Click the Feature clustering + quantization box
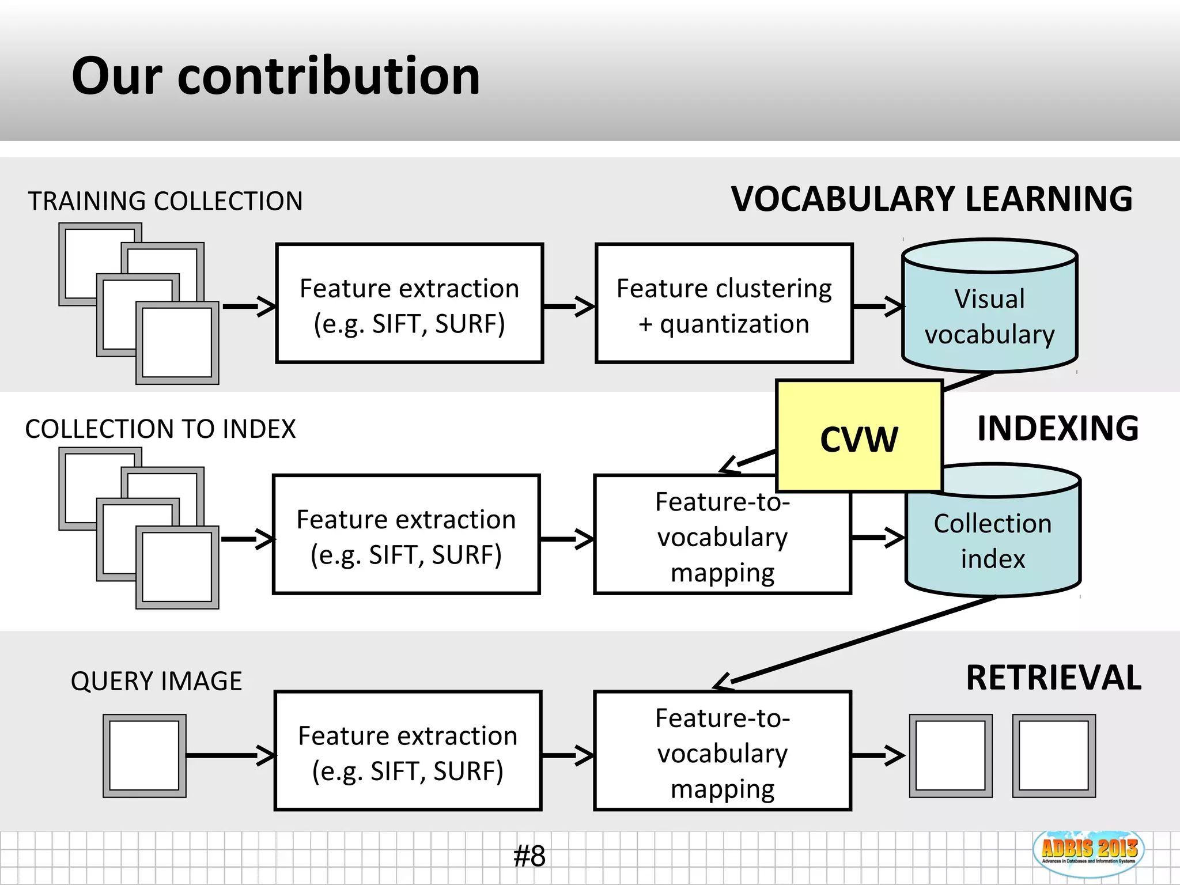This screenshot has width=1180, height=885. pyautogui.click(x=724, y=304)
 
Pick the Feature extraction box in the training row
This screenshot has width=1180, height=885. pyautogui.click(x=409, y=304)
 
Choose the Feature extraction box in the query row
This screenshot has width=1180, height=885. pyautogui.click(x=407, y=751)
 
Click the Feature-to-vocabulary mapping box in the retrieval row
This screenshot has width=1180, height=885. pyautogui.click(x=722, y=751)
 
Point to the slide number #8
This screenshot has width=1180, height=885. pyautogui.click(x=529, y=856)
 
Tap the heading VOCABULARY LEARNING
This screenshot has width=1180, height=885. pyautogui.click(x=932, y=199)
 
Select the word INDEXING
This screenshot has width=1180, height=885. pyautogui.click(x=1057, y=429)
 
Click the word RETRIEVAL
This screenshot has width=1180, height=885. pyautogui.click(x=1053, y=678)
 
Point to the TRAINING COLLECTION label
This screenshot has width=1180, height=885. pyautogui.click(x=165, y=202)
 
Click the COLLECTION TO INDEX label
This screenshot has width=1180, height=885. pyautogui.click(x=160, y=429)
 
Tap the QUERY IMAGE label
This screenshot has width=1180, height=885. pyautogui.click(x=156, y=681)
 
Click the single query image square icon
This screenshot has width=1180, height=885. pyautogui.click(x=144, y=755)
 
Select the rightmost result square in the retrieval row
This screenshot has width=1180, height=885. pyautogui.click(x=1053, y=755)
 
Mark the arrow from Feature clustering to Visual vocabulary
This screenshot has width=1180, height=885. pyautogui.click(x=878, y=307)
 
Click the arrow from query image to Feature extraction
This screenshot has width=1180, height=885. pyautogui.click(x=230, y=755)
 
